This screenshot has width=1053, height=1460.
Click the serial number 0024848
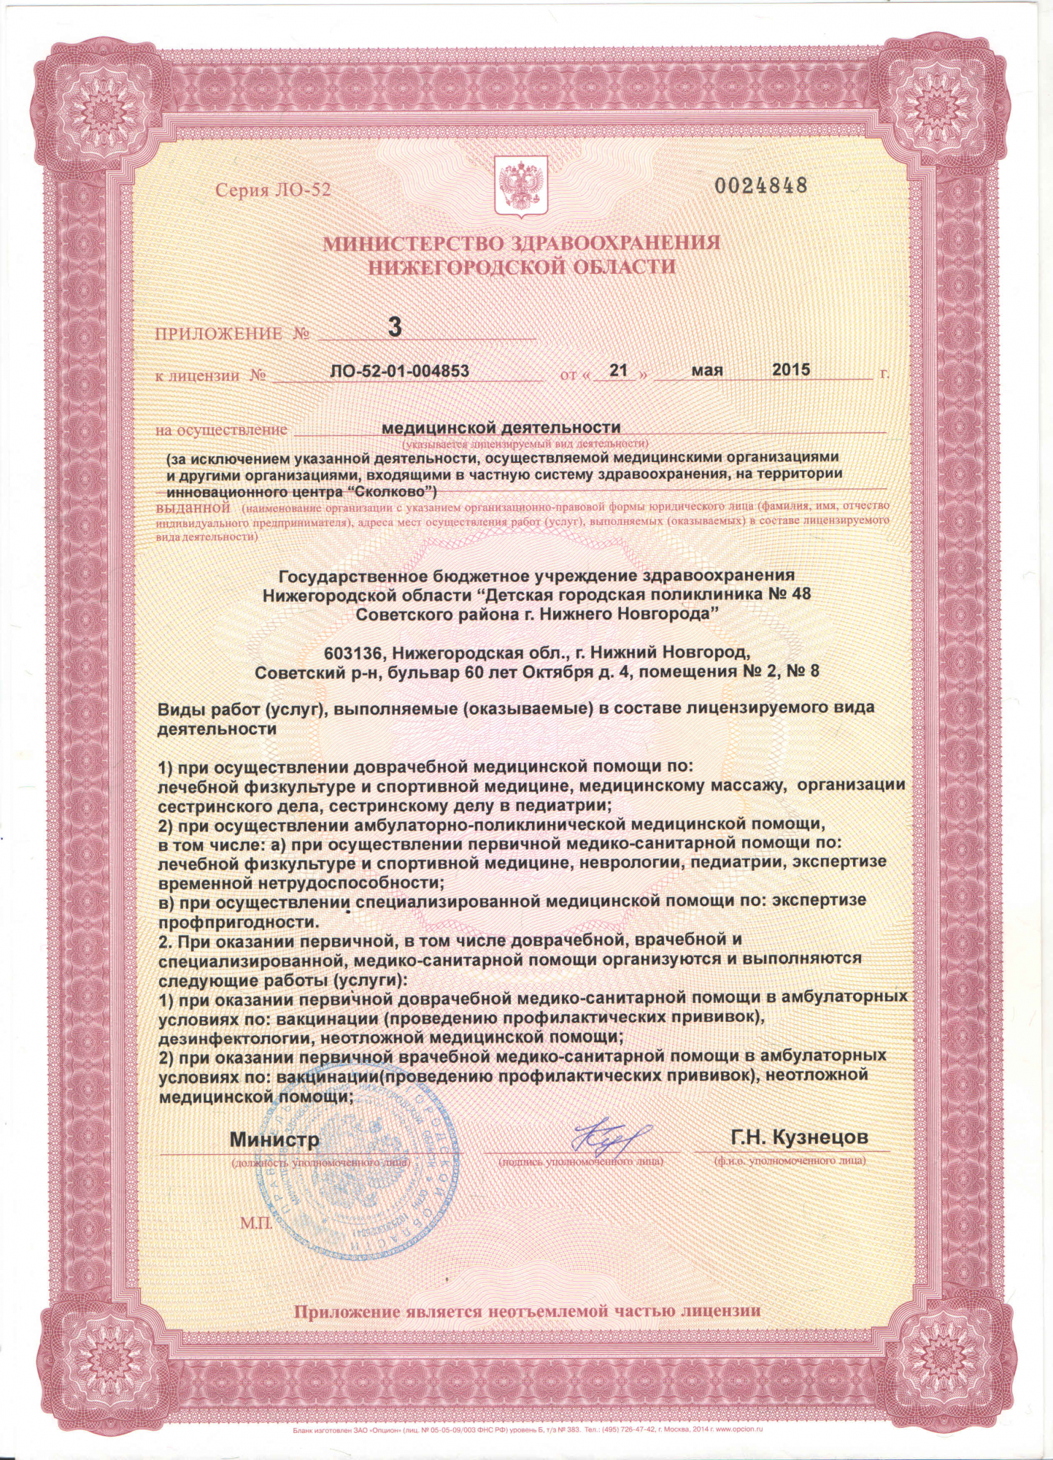(760, 185)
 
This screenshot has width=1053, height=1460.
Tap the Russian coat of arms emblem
(521, 188)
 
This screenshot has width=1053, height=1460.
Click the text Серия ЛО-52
(273, 191)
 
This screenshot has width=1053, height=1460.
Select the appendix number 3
(394, 326)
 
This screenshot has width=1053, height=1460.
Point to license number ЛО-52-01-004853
(399, 371)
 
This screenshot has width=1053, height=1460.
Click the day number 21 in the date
(618, 370)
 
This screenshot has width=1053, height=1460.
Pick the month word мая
(706, 370)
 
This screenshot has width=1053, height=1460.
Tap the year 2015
(791, 369)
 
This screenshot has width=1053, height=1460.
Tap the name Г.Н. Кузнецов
(799, 1137)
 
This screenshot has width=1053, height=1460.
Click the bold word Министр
(274, 1140)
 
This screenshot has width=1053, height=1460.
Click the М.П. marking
(255, 1222)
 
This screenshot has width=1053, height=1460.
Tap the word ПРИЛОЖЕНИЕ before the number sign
(218, 334)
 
